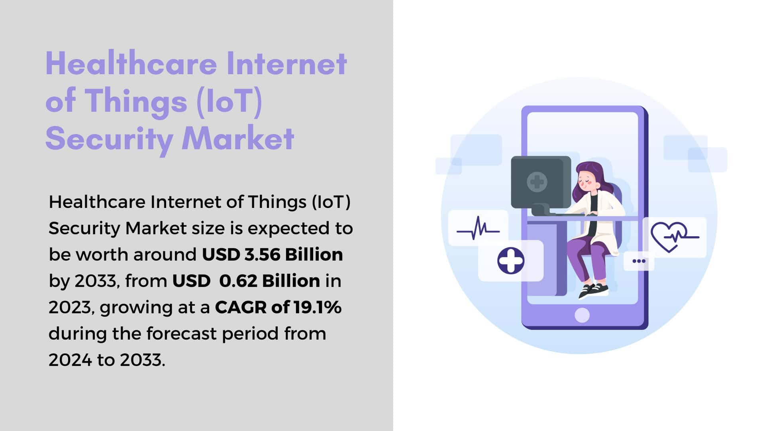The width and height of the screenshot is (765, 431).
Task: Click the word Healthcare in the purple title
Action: pyautogui.click(x=132, y=63)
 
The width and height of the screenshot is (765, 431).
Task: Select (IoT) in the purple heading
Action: pyautogui.click(x=229, y=101)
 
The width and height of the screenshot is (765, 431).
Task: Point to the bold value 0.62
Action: pyautogui.click(x=238, y=281)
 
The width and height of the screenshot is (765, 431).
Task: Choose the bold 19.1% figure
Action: pyautogui.click(x=318, y=307)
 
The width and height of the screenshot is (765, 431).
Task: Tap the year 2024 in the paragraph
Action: pyautogui.click(x=70, y=360)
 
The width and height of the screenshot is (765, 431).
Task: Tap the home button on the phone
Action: pyautogui.click(x=582, y=315)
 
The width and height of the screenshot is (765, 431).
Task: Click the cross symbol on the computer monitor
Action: pyautogui.click(x=537, y=182)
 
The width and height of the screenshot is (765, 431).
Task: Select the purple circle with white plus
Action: pyautogui.click(x=511, y=260)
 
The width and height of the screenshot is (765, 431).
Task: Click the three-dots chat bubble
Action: pyautogui.click(x=639, y=261)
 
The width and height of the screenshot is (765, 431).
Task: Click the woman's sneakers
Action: pyautogui.click(x=593, y=290)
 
